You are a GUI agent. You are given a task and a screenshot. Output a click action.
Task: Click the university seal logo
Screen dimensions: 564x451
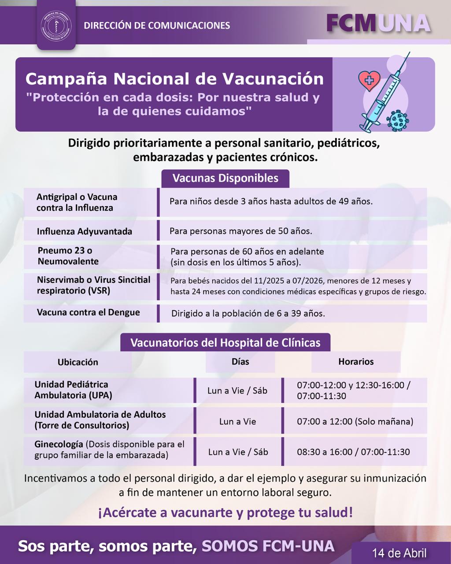(x=56, y=25)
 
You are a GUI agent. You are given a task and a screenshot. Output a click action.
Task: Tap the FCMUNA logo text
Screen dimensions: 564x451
(x=378, y=23)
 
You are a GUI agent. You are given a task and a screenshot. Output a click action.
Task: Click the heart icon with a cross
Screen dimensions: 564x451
(x=369, y=80)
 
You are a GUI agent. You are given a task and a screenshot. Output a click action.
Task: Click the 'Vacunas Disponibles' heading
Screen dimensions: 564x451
(x=225, y=178)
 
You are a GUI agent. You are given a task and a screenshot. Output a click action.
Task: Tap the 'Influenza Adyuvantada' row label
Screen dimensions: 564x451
(x=84, y=231)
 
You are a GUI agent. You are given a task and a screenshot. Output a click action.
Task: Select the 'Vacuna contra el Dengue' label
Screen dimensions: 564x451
(x=88, y=312)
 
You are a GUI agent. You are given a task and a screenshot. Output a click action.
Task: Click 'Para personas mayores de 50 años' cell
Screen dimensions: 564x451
(x=240, y=231)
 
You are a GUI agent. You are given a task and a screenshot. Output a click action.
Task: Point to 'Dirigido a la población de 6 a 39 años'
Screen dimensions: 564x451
(x=248, y=314)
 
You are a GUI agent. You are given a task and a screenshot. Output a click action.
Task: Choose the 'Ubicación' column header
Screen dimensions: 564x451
(x=78, y=362)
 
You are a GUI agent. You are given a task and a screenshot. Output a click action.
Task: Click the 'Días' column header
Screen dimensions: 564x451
(x=240, y=362)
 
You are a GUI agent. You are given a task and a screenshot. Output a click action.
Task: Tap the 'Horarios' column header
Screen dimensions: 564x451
(x=356, y=362)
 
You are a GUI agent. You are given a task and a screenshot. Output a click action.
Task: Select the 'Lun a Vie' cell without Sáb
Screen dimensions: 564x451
(x=237, y=422)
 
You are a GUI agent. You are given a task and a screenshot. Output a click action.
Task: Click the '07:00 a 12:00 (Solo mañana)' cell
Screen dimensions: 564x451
(x=355, y=422)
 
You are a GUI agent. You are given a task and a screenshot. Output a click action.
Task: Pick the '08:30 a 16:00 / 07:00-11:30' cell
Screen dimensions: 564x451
(x=353, y=452)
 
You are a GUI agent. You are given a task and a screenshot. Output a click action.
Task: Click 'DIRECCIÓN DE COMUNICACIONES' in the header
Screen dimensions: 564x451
(x=157, y=26)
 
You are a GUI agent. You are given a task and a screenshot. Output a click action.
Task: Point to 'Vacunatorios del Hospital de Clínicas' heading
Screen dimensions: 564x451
(x=225, y=343)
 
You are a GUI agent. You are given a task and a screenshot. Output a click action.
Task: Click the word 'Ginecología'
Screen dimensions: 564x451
(x=59, y=444)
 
